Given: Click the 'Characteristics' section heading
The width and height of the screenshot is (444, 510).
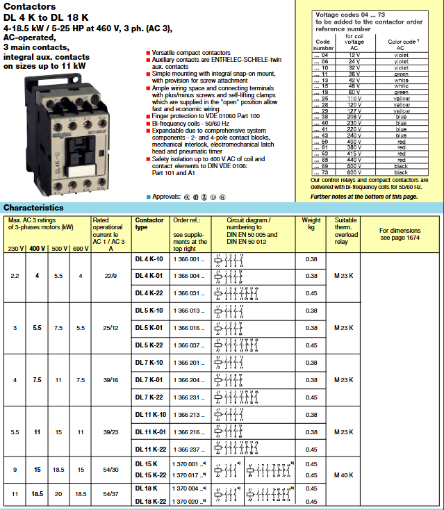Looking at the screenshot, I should click(x=33, y=208).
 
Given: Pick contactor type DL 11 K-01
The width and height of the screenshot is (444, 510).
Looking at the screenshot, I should click(x=149, y=432).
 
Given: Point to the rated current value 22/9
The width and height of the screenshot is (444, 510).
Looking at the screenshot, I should click(x=110, y=276).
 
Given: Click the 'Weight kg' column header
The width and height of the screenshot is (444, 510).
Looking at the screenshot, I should click(x=311, y=224).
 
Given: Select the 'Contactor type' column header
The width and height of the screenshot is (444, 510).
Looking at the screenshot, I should click(x=149, y=224).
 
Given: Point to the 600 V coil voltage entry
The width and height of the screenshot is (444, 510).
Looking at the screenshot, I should click(x=356, y=172).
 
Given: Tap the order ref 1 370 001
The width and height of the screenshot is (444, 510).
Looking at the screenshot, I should click(x=189, y=463).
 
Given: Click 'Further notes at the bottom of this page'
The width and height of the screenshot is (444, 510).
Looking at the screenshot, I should click(x=364, y=197).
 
